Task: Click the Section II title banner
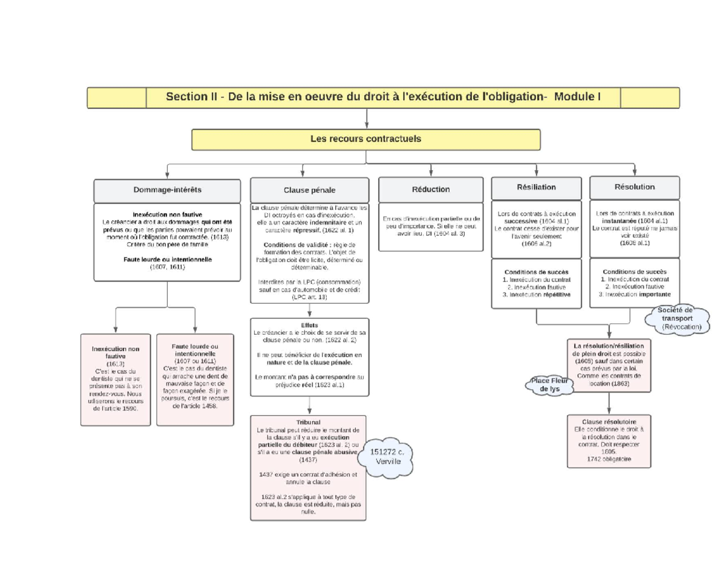click(x=384, y=97)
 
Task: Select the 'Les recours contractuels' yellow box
click(x=365, y=139)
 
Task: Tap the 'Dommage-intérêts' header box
click(x=167, y=189)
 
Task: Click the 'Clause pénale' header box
click(x=309, y=190)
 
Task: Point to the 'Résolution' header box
click(x=634, y=188)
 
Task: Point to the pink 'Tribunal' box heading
click(x=309, y=422)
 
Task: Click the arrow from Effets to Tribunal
click(x=309, y=405)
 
